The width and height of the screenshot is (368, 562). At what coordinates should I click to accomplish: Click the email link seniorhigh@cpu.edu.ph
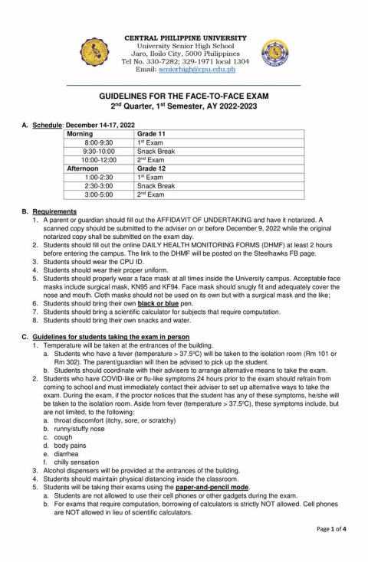[196, 69]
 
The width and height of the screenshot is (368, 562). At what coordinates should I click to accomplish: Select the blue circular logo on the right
[274, 52]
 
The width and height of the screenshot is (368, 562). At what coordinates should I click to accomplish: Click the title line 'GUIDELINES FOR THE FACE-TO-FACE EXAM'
[184, 96]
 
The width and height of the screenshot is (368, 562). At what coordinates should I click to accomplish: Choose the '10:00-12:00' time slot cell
[100, 160]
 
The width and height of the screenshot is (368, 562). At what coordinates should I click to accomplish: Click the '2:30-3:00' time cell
[98, 186]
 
